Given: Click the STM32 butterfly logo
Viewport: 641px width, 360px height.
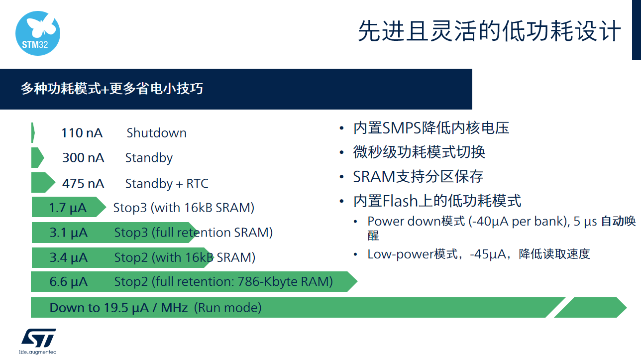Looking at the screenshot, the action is click(x=38, y=33).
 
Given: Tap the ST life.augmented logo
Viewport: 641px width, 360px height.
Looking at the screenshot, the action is click(x=38, y=341).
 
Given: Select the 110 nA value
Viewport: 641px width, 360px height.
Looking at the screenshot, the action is click(x=82, y=133).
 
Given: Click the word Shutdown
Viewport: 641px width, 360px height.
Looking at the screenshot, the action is click(x=157, y=133).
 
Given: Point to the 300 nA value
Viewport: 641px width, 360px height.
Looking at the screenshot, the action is click(x=83, y=158).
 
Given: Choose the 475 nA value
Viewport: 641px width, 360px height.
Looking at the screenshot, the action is click(x=83, y=184).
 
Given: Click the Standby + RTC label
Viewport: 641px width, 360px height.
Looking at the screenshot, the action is click(x=167, y=184).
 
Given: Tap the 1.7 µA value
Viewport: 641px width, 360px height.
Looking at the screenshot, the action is click(x=68, y=208).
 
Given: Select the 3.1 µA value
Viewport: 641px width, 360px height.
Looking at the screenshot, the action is click(x=68, y=233).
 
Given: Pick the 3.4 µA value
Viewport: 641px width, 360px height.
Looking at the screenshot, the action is click(x=68, y=257).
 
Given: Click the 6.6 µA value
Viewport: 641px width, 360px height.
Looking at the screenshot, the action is click(x=68, y=281).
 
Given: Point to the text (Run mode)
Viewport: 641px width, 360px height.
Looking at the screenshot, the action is click(x=228, y=308).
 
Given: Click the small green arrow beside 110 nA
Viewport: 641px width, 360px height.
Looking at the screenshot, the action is click(x=33, y=132).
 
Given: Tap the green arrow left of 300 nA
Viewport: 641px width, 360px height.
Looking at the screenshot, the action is click(x=37, y=157).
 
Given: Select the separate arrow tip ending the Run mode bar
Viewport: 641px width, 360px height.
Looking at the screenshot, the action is click(x=590, y=307).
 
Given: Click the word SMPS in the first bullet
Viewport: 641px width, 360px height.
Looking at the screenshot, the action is click(x=402, y=128).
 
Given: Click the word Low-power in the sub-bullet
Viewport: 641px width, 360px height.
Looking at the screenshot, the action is click(x=401, y=254).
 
